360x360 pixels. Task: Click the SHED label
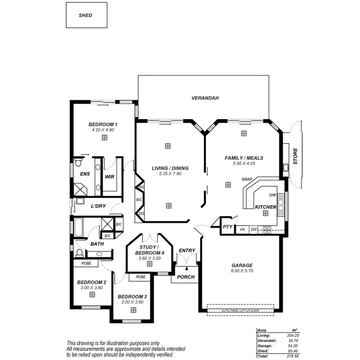(x=85, y=15)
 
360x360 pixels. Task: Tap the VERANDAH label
(x=205, y=98)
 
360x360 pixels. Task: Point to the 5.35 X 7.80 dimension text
(x=170, y=173)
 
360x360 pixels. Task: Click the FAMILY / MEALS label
(x=244, y=158)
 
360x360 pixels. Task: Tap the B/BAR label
(x=247, y=179)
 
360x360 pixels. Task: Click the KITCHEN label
(x=265, y=207)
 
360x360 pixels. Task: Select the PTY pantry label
(x=228, y=227)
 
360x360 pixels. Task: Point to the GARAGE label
(x=242, y=265)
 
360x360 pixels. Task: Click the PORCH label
(x=186, y=277)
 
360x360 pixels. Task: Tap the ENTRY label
(x=187, y=251)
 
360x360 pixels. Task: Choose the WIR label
(x=109, y=176)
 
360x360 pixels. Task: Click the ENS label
(x=85, y=174)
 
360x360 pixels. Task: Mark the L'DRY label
(x=98, y=206)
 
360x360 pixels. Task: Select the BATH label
(x=97, y=244)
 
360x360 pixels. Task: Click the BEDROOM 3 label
(x=132, y=297)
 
